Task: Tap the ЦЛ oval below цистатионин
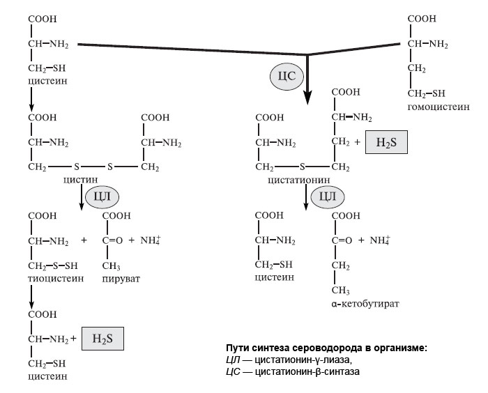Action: coord(326,197)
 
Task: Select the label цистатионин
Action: coord(296,180)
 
